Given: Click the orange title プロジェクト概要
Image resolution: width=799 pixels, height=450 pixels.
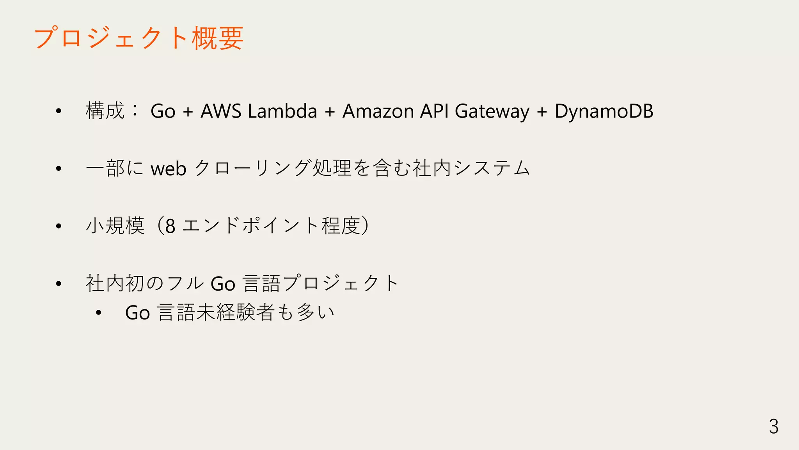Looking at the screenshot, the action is tap(139, 38).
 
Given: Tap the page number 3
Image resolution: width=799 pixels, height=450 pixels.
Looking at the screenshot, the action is tap(774, 426).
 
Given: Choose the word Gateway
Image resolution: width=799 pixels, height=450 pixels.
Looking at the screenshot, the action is tap(492, 112).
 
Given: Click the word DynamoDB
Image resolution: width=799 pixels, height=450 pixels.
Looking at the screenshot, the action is tap(604, 111).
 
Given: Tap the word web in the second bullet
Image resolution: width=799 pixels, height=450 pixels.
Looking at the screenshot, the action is tap(169, 169).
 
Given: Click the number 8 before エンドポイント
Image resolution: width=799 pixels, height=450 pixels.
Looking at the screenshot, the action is tap(170, 226).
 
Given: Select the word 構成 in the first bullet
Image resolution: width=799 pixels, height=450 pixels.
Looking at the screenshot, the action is tap(105, 111).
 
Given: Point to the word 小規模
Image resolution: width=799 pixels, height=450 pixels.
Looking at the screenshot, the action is tap(115, 226).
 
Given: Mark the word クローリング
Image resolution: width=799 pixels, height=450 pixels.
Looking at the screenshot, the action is tap(253, 168).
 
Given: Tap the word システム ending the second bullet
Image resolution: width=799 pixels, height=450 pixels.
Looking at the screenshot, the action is tap(492, 168).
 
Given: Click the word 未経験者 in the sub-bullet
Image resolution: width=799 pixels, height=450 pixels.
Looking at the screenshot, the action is tap(236, 312).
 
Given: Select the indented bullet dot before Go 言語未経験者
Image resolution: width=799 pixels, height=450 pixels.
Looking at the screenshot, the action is tap(98, 312).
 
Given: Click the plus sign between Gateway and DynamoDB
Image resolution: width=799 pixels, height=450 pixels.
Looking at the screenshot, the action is tap(542, 112).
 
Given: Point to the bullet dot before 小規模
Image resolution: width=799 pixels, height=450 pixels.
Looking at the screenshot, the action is tap(59, 226).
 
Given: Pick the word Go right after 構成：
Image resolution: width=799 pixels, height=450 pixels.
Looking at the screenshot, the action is tap(163, 111).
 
